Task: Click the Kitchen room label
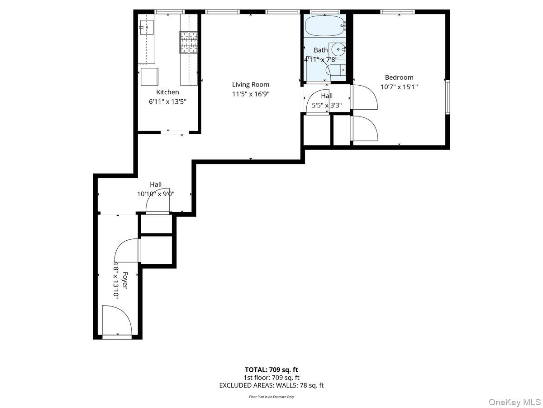tap(167, 92)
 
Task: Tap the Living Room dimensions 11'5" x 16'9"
tap(251, 94)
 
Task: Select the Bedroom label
tap(399, 78)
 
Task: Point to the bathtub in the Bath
tap(324, 27)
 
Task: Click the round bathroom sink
tap(337, 49)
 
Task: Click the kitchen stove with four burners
tap(189, 42)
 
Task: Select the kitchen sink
tap(147, 27)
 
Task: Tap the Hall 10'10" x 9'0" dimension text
tap(156, 194)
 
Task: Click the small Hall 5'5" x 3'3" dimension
tap(327, 106)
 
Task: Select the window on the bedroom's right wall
tap(447, 97)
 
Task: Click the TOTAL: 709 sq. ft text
tap(271, 369)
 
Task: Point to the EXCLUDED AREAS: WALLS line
tap(271, 385)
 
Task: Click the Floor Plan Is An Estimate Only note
tap(271, 397)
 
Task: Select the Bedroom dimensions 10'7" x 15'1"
tap(399, 87)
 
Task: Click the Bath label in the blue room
tap(320, 50)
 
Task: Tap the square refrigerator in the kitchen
tap(149, 77)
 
